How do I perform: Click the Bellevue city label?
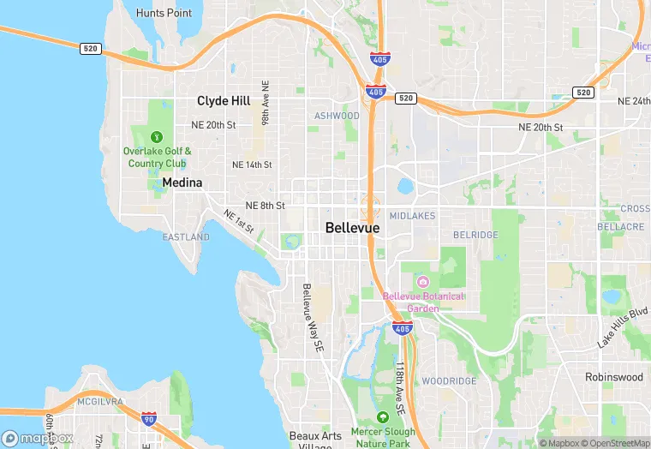point(352,227)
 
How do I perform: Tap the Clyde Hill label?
point(224,101)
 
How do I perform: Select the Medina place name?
point(182,183)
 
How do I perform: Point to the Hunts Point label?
point(164,13)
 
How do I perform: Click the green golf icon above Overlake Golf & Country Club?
point(157,136)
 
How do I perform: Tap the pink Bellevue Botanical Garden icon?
point(422,282)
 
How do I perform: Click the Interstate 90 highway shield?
point(149,419)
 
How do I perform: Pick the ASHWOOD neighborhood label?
point(337,116)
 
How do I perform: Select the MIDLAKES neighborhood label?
point(412,216)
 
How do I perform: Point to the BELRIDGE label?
point(475,234)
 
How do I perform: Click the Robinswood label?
point(613,377)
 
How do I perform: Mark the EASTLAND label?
point(186,236)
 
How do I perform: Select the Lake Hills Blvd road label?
point(622,328)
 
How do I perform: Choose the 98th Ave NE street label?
point(266,105)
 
